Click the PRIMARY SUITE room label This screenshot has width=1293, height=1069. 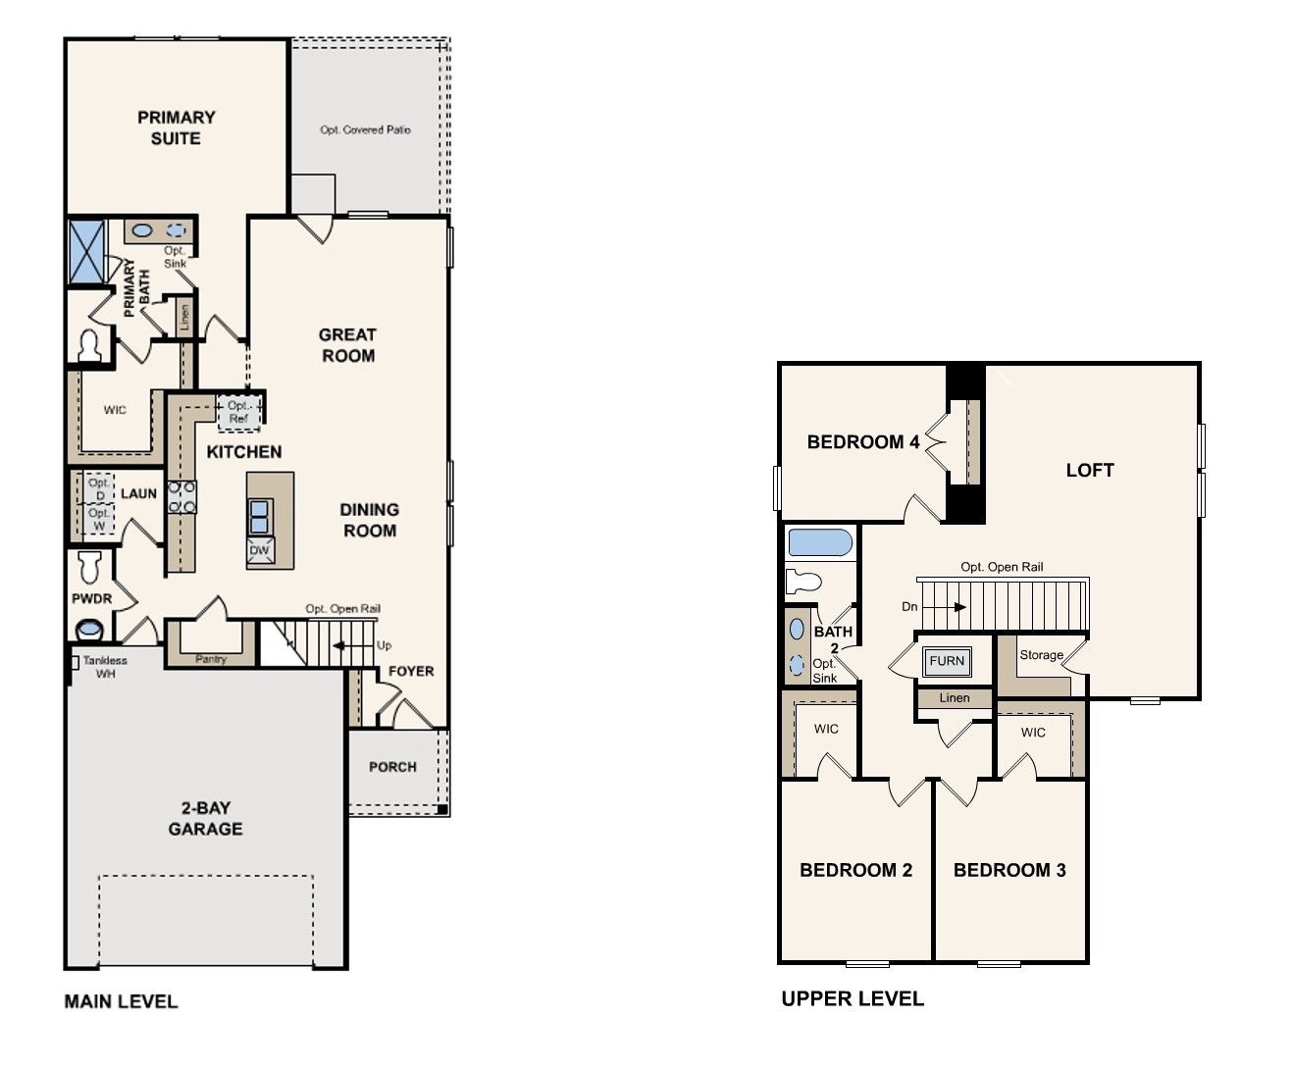(176, 127)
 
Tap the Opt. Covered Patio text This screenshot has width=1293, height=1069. (365, 129)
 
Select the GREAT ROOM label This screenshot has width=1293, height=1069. (347, 345)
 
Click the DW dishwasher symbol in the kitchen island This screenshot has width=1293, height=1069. (259, 550)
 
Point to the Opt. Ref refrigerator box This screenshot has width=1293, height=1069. (239, 412)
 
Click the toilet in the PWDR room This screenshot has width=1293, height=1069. (90, 566)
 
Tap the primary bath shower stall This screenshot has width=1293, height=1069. (86, 251)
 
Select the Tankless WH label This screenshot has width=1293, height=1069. (105, 667)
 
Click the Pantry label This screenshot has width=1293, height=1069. (211, 659)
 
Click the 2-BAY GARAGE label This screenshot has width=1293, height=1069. (205, 818)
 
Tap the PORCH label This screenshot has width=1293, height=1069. (392, 767)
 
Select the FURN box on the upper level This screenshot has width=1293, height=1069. (947, 661)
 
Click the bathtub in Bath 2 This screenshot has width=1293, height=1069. (820, 543)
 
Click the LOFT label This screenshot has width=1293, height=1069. (1090, 471)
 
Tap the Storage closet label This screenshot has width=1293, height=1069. (1041, 655)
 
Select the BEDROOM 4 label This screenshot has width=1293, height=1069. (863, 442)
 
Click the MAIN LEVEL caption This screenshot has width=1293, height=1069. (121, 1001)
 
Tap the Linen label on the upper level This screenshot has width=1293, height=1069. (954, 698)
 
